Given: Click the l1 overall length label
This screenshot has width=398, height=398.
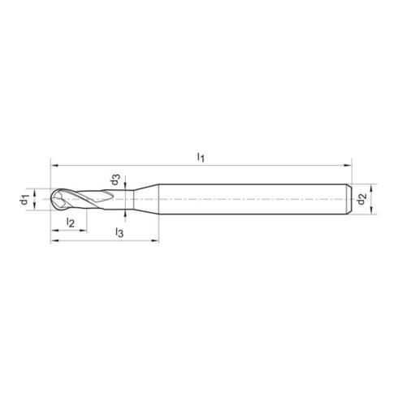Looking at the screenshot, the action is point(201,158).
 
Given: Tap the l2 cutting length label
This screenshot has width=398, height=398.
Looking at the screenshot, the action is point(71,223).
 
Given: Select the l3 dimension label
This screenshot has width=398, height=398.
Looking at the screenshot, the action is point(119,232).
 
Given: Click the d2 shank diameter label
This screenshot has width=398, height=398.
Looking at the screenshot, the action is point(361,199).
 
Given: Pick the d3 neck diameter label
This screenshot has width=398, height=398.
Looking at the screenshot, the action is point(115,180).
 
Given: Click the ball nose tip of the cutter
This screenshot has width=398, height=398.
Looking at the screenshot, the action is point(52,199).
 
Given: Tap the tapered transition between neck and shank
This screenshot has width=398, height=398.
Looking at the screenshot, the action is point(146,199).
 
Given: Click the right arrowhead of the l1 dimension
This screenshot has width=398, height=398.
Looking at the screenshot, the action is point(348,166).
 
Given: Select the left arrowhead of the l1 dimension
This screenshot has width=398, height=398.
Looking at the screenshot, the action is point(54,166).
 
